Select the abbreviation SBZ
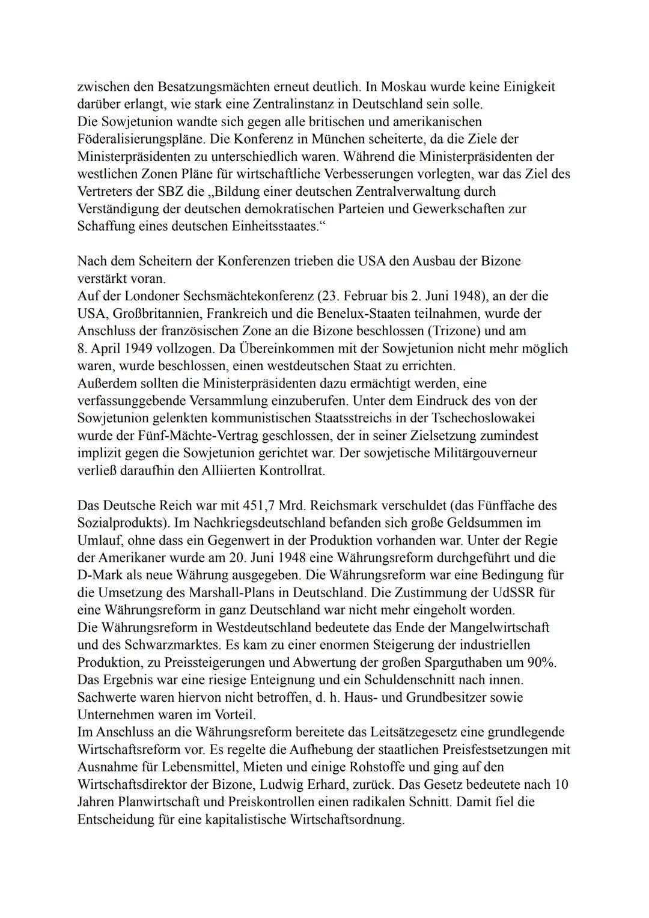171,192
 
